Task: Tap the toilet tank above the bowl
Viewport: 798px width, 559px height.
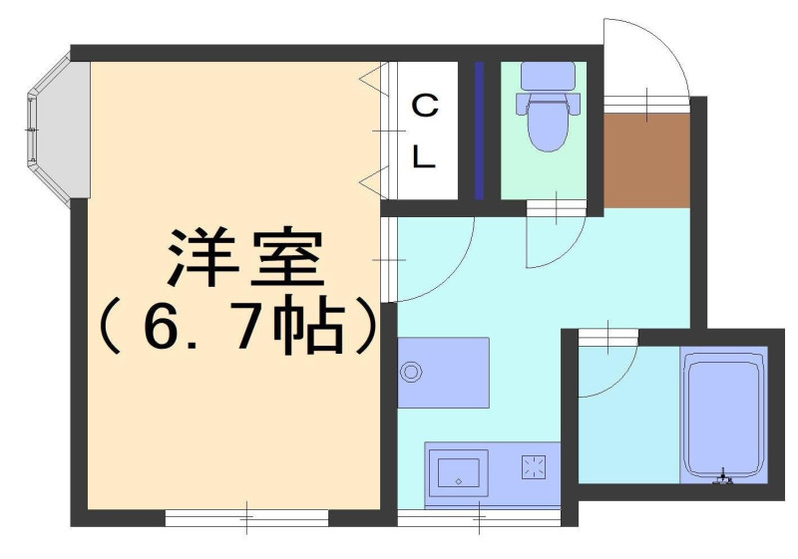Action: point(548,76)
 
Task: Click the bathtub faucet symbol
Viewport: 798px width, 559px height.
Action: point(722,476)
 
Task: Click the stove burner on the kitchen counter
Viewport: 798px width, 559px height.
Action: point(534,466)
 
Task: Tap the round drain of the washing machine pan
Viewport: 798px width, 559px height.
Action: point(411,372)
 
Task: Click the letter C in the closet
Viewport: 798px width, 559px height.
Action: point(425,106)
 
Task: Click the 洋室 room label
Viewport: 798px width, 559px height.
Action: point(245,258)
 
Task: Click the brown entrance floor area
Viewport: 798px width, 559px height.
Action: point(646,159)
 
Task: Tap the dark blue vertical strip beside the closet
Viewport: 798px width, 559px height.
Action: point(479,131)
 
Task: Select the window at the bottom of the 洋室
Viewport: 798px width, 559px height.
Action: point(246,518)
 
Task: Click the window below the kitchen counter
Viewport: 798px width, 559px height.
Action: point(479,518)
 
